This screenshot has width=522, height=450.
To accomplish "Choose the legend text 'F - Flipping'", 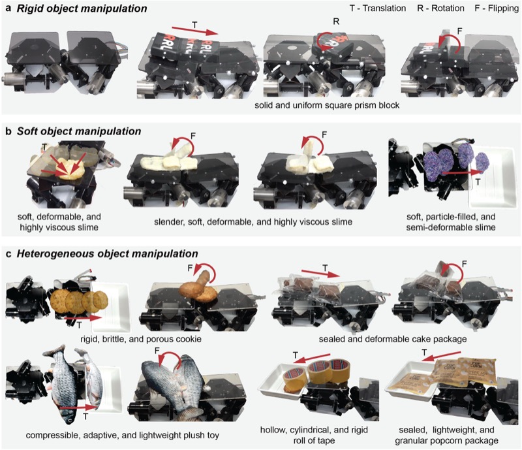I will coord(486,9).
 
